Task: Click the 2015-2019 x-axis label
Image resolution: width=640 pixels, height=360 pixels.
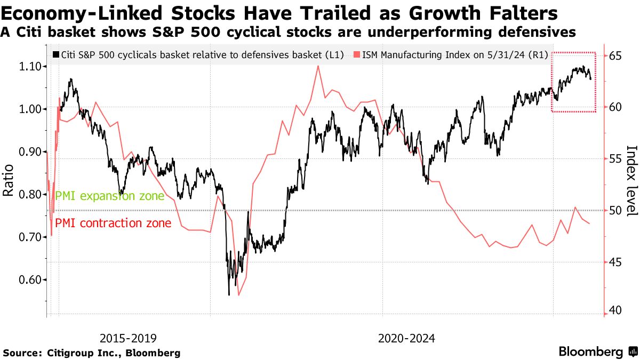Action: click(129, 338)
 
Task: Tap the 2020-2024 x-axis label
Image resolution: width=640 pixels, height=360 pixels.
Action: click(406, 338)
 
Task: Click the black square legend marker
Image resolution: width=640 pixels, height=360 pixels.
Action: click(56, 54)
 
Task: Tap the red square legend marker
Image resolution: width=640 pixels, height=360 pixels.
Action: click(357, 54)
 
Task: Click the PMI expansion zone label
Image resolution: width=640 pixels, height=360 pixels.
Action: click(110, 196)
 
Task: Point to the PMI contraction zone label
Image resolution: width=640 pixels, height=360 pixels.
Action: click(113, 223)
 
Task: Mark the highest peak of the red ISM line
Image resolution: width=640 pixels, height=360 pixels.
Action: click(318, 66)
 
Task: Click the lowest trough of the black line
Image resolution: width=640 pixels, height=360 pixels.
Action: click(229, 294)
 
